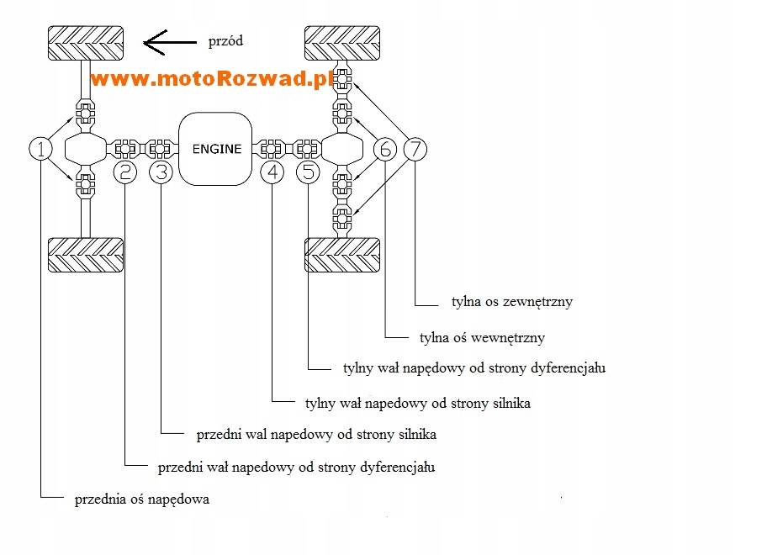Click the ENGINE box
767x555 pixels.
tap(215, 149)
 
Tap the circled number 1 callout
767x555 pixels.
tap(40, 150)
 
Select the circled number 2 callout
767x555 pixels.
tap(125, 172)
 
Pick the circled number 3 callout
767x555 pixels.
tap(161, 172)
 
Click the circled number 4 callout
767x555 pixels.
tap(272, 172)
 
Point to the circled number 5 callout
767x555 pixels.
tap(309, 172)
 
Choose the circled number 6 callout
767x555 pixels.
tap(385, 150)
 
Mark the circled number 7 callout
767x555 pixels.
tap(415, 150)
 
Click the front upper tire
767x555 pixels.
tap(86, 43)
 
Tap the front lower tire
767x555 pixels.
tap(86, 256)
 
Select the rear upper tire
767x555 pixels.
tap(341, 43)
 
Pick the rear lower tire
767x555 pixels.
tap(341, 256)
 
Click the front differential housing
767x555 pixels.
tap(86, 149)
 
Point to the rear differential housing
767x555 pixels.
tap(341, 149)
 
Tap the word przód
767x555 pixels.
tap(225, 40)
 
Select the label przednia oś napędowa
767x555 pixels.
tap(141, 499)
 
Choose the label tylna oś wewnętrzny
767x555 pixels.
tap(482, 337)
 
